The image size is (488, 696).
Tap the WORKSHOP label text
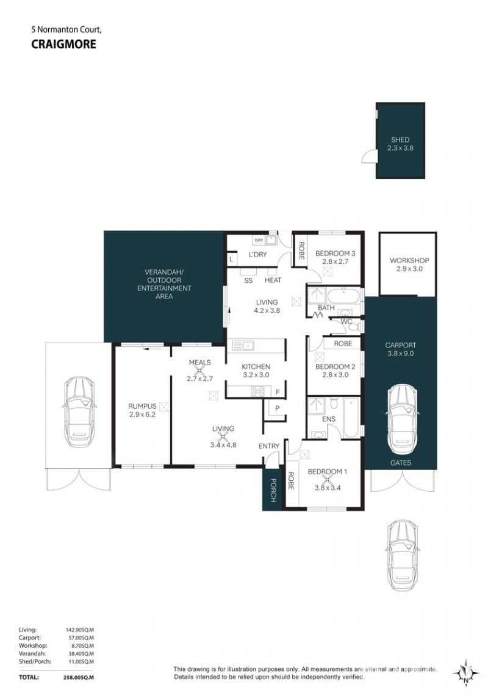(x=409, y=261)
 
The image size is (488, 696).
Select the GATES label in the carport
(x=400, y=463)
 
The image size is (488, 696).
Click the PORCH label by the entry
(x=273, y=491)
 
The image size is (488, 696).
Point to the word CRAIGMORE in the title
(x=63, y=44)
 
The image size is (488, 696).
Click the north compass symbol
(x=465, y=674)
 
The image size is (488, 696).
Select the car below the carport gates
(x=402, y=554)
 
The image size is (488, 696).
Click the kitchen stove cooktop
(x=258, y=391)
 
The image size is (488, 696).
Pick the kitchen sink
(x=242, y=346)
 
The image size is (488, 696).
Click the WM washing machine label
(x=258, y=240)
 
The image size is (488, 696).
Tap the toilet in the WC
(x=354, y=327)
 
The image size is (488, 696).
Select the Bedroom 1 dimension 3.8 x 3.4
(x=328, y=488)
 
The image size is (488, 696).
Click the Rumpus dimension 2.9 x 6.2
(x=142, y=414)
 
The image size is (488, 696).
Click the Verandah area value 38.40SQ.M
(x=80, y=653)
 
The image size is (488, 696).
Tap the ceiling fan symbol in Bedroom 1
(x=328, y=479)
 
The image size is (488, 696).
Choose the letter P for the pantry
(x=278, y=408)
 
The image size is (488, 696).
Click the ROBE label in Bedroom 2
(x=343, y=344)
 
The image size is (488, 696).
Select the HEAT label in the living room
(x=273, y=280)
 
